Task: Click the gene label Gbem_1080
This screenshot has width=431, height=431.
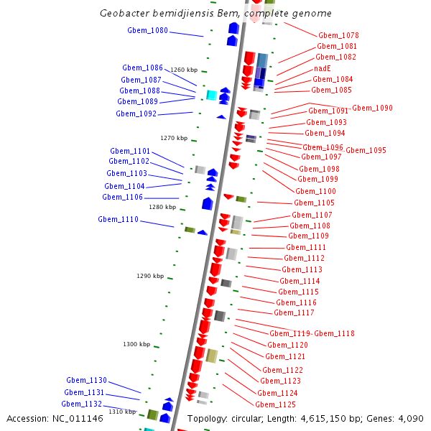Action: click(x=147, y=31)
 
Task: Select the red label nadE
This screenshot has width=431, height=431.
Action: click(x=323, y=68)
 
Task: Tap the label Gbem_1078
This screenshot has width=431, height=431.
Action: click(x=338, y=35)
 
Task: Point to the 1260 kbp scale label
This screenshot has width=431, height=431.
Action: click(x=183, y=70)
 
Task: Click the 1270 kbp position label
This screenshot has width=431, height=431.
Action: click(x=173, y=138)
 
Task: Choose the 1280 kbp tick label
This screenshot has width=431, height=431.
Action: click(x=162, y=207)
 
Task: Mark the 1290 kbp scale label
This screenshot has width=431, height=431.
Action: click(x=150, y=276)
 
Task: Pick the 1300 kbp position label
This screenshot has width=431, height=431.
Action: click(x=136, y=344)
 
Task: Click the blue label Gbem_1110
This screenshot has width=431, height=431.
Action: click(x=118, y=219)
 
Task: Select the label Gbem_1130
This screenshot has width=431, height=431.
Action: click(x=86, y=380)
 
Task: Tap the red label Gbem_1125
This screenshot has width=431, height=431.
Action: click(x=275, y=404)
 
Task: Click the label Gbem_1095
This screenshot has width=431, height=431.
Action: click(x=366, y=151)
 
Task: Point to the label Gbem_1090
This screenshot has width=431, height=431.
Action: click(x=372, y=108)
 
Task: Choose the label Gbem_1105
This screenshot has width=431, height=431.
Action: click(x=315, y=203)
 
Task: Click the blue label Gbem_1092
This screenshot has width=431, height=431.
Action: click(x=136, y=113)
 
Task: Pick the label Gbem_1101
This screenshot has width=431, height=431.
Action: click(x=130, y=151)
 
